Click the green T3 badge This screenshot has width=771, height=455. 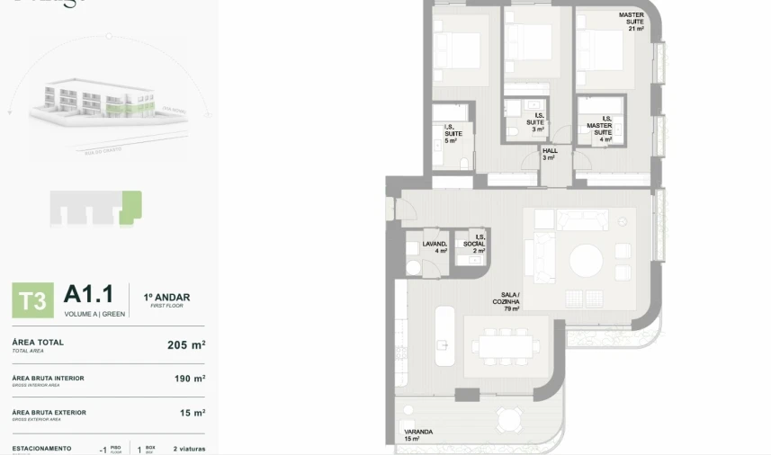click(32, 300)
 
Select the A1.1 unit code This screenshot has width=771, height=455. click(88, 294)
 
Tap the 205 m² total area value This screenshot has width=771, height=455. click(186, 344)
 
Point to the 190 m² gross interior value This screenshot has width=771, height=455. click(189, 379)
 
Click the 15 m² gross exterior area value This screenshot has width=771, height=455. click(193, 413)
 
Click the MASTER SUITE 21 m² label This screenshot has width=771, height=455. click(632, 22)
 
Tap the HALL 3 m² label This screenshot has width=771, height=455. click(550, 154)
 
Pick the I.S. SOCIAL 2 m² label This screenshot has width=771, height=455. click(474, 244)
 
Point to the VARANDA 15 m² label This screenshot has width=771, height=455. click(418, 435)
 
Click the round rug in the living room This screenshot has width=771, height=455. click(587, 262)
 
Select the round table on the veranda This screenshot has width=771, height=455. click(509, 419)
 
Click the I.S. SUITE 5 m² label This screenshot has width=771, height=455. click(452, 135)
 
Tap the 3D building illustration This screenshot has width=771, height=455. click(108, 103)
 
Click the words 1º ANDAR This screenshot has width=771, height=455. click(166, 298)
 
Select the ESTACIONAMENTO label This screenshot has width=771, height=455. click(41, 448)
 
